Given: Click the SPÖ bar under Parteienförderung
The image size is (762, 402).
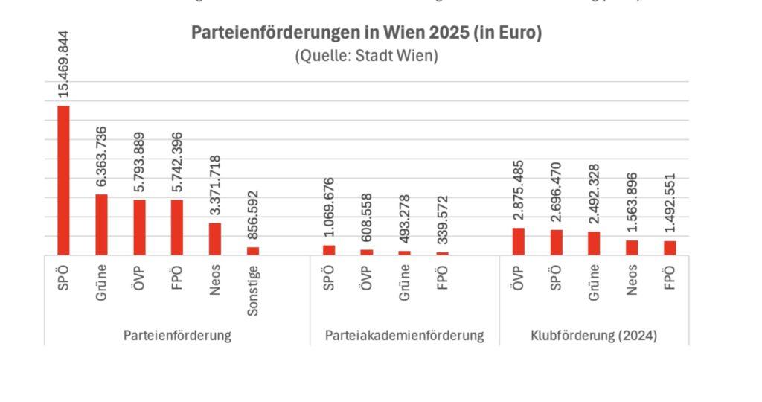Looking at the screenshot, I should [x=63, y=180].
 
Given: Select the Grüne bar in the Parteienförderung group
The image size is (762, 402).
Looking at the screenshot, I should [x=101, y=225].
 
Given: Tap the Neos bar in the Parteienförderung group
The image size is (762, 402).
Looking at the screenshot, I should [x=214, y=239].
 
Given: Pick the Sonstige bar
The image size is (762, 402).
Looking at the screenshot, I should [x=253, y=251].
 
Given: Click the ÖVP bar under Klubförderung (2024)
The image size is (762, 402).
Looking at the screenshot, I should [x=519, y=241].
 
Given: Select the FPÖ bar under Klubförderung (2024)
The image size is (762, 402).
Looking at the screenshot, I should [x=670, y=248].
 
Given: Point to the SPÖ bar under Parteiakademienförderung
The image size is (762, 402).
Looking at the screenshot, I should [x=329, y=250].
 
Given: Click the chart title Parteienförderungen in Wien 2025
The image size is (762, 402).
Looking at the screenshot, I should [x=366, y=33].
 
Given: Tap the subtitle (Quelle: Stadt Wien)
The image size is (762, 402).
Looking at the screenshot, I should [x=366, y=55].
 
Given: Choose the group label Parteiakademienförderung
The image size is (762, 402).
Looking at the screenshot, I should [x=404, y=336].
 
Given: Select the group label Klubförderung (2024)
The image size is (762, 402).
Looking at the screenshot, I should [x=594, y=336].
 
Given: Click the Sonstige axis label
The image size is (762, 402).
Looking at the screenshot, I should [x=253, y=290].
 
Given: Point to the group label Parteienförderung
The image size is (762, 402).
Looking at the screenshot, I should [x=177, y=336].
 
